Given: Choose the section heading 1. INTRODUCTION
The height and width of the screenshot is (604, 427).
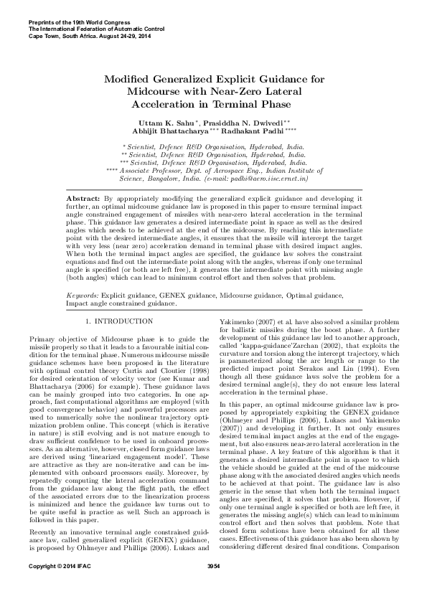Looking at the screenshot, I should click(x=118, y=300).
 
